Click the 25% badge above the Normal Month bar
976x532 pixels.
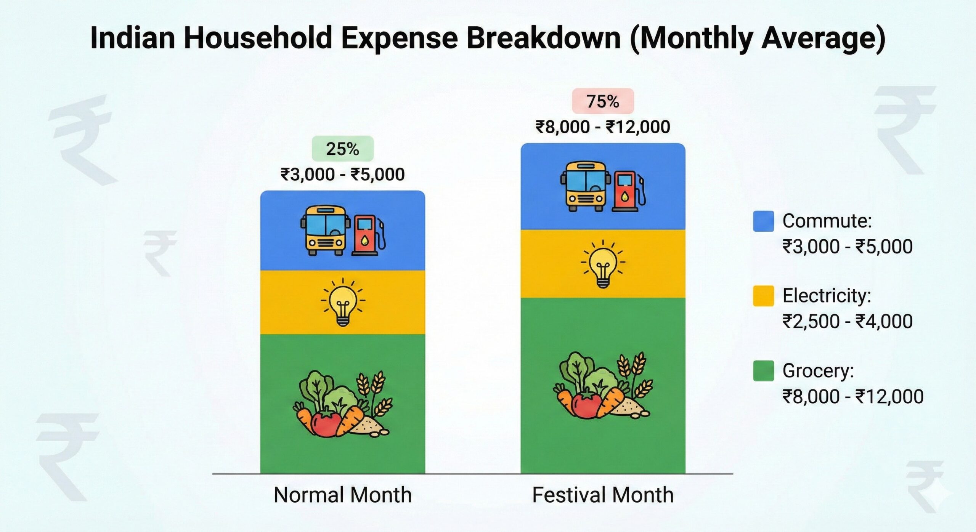coord(342,149)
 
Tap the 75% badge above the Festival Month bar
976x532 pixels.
coord(602,101)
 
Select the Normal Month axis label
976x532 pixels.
coord(342,495)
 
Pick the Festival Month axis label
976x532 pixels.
coord(602,495)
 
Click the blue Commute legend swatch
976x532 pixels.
coord(763,221)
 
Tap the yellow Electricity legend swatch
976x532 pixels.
coord(763,296)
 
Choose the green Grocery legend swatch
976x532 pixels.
coord(763,371)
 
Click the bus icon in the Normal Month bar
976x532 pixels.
coord(325,231)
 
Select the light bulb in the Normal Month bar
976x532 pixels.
coord(343,302)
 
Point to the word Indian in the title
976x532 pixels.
coord(132,38)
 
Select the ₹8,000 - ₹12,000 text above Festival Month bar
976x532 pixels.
coord(602,127)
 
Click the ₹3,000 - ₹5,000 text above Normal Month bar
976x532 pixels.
coord(342,175)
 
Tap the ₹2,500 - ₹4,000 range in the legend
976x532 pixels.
coord(847,321)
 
